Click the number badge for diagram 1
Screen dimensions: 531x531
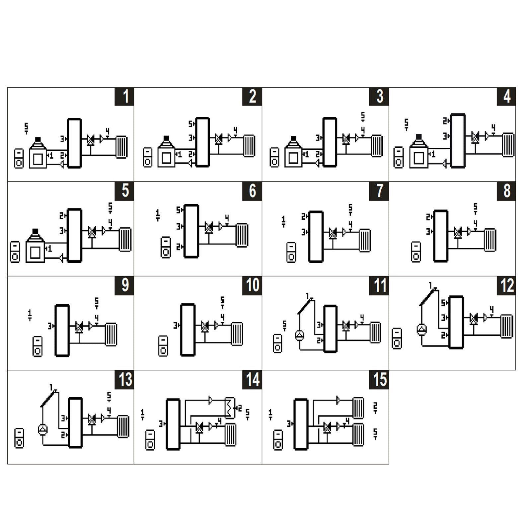click(x=124, y=97)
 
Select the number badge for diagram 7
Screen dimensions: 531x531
click(x=379, y=191)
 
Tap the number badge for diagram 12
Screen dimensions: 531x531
click(x=506, y=285)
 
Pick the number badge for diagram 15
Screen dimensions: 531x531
click(x=379, y=380)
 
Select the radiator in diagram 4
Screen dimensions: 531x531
click(x=508, y=145)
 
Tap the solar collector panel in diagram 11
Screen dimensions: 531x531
click(x=306, y=306)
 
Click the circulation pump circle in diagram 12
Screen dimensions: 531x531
click(x=422, y=329)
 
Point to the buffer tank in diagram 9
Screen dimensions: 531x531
click(x=62, y=330)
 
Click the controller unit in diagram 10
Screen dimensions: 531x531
click(x=163, y=346)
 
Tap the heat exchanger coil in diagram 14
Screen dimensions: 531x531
click(x=229, y=408)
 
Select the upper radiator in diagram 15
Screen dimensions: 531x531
click(x=358, y=408)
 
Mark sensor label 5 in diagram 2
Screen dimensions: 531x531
click(x=191, y=124)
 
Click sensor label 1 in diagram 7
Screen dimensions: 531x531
click(x=283, y=221)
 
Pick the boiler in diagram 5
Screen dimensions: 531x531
click(x=35, y=246)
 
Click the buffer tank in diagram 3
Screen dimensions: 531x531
click(x=330, y=142)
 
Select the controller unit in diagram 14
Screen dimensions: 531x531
click(x=150, y=440)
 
